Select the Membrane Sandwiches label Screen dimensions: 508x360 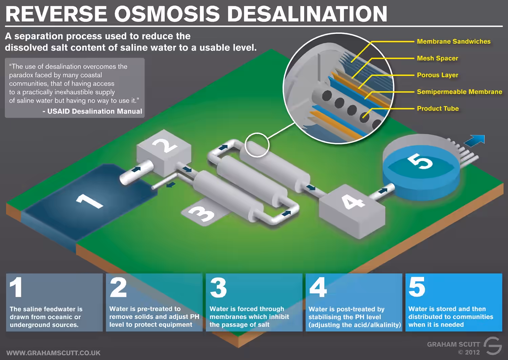[x=453, y=42]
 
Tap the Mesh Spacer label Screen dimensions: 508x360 [x=438, y=58]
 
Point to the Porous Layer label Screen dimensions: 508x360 [x=438, y=75]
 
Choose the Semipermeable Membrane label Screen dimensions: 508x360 [x=460, y=92]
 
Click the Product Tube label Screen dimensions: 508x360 [x=438, y=108]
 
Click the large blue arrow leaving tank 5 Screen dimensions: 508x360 [x=475, y=140]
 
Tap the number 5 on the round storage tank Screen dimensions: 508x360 [x=420, y=161]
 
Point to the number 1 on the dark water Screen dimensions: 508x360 [x=89, y=201]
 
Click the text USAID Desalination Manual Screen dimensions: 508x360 [x=94, y=111]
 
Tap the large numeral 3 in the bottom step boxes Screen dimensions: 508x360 [x=218, y=287]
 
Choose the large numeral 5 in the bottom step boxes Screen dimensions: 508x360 [x=417, y=287]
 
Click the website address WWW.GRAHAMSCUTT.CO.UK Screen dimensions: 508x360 [x=53, y=353]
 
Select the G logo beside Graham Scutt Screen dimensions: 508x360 [x=492, y=346]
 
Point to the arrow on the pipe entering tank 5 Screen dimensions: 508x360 [x=383, y=191]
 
